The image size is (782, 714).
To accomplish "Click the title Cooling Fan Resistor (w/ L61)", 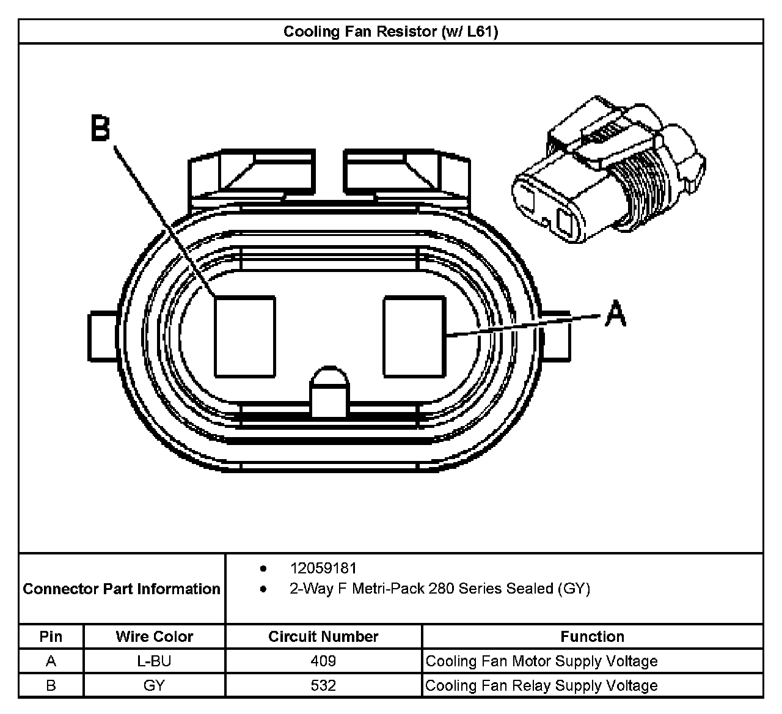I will [x=390, y=31].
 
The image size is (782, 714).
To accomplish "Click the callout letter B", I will [x=101, y=128].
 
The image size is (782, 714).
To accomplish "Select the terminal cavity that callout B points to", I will [x=244, y=336].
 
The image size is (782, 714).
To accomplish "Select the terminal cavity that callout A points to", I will [x=414, y=336].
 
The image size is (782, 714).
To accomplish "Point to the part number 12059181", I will [x=323, y=568].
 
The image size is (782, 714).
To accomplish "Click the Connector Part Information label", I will [x=122, y=589].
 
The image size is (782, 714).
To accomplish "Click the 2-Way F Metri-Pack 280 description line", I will [x=439, y=589].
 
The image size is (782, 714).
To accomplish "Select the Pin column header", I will [x=51, y=636].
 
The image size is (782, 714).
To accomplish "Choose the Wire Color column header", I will [x=154, y=636].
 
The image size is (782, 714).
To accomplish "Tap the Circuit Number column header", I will [x=323, y=636].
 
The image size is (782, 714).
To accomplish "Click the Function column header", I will [x=592, y=636].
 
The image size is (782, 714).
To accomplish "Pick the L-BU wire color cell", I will [x=154, y=661].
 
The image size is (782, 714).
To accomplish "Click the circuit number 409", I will [x=323, y=661].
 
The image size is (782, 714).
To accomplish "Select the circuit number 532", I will [x=323, y=685].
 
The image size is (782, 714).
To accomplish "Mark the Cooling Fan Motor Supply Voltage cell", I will [x=541, y=661].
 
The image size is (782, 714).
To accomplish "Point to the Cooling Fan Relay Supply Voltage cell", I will [x=541, y=685].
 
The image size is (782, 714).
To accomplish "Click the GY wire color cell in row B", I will [x=154, y=685].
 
